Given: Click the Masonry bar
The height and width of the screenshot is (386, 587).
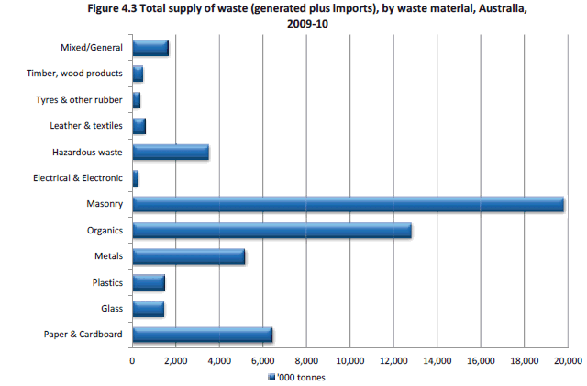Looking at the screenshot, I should tap(349, 204).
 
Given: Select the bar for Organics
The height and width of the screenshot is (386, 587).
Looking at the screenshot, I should tap(271, 230).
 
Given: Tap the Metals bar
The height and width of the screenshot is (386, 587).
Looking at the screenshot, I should tap(189, 256).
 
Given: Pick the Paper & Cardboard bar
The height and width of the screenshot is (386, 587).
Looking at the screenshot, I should tap(203, 335).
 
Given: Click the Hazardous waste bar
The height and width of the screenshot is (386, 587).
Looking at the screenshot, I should tap(171, 152).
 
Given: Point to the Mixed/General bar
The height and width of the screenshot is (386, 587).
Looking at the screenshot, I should tap(150, 48).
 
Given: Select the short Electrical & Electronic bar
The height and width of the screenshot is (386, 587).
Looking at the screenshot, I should tap(136, 178).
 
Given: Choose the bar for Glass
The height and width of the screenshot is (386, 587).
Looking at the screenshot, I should tap(149, 309).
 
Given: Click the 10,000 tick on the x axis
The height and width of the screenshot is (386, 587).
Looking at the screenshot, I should tap(350, 360).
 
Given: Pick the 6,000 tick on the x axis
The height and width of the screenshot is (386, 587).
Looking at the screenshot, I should tap(263, 360).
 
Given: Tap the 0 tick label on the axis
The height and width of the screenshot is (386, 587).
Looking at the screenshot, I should tap(133, 360).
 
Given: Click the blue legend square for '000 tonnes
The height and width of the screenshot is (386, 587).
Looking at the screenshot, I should tap(271, 377).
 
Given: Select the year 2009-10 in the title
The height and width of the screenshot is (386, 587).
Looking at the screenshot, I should tap(309, 25).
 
